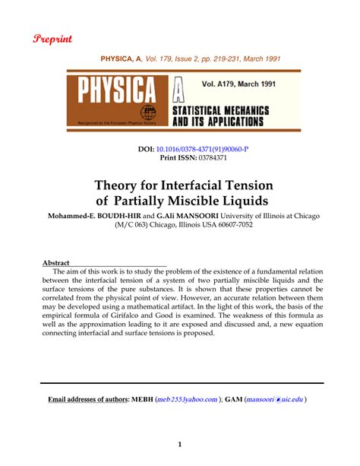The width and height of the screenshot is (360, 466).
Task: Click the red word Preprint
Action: coord(51,38)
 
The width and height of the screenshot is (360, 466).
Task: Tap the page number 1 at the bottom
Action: coord(180,445)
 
